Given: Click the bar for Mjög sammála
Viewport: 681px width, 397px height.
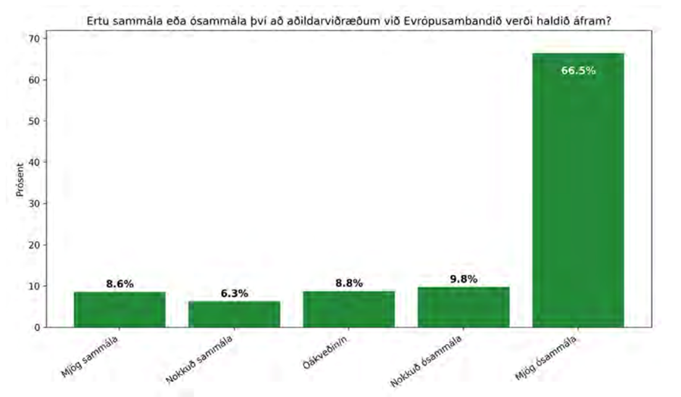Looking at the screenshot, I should tap(120, 309).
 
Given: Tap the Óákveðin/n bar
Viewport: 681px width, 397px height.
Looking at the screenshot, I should tap(349, 308).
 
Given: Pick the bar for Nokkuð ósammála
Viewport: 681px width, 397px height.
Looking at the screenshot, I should tap(463, 307).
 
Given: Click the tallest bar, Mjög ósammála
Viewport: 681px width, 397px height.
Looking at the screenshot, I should tap(578, 189).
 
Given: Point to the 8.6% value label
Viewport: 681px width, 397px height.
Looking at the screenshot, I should tap(120, 284).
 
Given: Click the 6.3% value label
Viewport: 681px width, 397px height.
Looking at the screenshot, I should tap(234, 293).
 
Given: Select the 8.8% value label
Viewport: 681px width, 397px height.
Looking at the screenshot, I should tap(349, 283).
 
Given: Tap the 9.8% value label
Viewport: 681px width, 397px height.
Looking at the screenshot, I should tap(463, 279).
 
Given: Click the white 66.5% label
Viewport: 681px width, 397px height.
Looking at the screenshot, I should tap(578, 71).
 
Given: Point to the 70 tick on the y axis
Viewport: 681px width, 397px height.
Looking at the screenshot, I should tap(35, 38).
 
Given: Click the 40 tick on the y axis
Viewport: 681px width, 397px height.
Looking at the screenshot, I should tap(35, 162).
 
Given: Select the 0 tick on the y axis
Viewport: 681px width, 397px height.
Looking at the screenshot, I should tap(37, 327).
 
